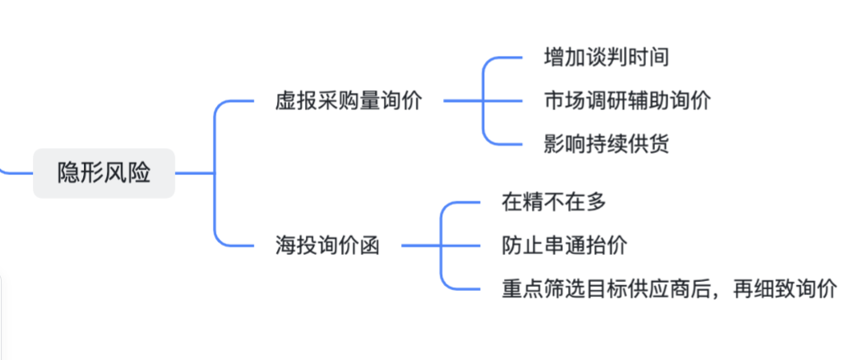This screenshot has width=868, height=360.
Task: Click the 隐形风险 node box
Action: tap(104, 173)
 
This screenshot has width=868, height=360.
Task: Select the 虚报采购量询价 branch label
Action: tap(349, 101)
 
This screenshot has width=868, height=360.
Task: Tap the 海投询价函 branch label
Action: tap(327, 245)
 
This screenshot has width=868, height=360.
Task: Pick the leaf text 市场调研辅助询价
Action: tap(627, 101)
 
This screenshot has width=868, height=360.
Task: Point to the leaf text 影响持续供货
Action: tap(606, 145)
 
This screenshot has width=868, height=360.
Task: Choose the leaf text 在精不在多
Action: tap(552, 201)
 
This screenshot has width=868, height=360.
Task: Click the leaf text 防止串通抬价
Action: tap(564, 245)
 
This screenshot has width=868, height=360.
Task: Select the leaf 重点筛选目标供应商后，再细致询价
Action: tap(669, 288)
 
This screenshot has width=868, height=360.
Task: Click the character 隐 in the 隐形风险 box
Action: tap(68, 173)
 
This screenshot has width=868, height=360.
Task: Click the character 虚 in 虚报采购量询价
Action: tap(285, 101)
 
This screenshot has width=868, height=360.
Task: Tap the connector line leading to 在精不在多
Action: tap(464, 201)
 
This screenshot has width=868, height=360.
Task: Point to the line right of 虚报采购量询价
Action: tap(462, 101)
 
